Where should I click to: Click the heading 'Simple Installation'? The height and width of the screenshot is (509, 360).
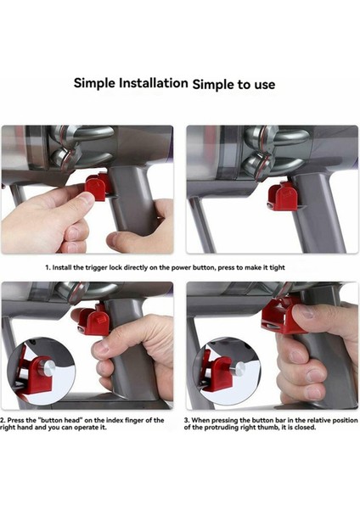pyautogui.click(x=130, y=83)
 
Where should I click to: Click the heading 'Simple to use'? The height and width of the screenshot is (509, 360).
pyautogui.click(x=233, y=84)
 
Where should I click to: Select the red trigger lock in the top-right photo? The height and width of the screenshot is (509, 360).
pyautogui.click(x=281, y=196)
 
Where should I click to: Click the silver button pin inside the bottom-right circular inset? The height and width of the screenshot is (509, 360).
pyautogui.click(x=234, y=368)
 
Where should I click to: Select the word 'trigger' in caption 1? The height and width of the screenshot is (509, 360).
pyautogui.click(x=108, y=267)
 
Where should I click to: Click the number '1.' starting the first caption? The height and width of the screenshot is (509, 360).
pyautogui.click(x=48, y=267)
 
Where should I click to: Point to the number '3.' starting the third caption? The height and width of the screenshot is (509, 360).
pyautogui.click(x=187, y=420)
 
